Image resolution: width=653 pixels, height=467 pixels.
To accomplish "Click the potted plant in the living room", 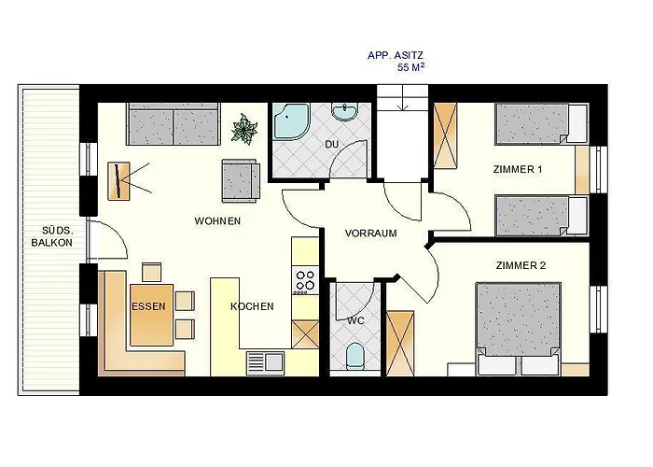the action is tap(244, 129).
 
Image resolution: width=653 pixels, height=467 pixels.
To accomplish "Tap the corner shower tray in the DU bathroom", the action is tap(290, 120).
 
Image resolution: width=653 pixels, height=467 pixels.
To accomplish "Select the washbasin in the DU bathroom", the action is tap(344, 111).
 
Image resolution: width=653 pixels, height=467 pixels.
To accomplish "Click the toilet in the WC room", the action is tap(354, 356).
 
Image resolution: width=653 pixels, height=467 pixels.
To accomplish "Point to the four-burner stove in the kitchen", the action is tap(305, 280).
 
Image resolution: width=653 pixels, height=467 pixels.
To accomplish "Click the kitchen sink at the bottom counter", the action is tap(265, 362).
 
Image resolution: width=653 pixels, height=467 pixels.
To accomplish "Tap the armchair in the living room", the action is tap(241, 180).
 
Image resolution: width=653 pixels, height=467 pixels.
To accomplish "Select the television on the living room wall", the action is tap(119, 181).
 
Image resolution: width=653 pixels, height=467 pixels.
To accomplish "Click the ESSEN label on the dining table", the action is tap(148, 306).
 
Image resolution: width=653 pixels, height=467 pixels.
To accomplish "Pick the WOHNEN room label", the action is tap(217, 221).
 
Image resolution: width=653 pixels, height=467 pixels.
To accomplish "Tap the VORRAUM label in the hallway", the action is tap(370, 233).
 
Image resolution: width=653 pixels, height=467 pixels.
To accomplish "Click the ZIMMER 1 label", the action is tap(518, 169).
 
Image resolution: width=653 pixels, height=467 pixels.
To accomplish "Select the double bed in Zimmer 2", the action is tap(518, 329).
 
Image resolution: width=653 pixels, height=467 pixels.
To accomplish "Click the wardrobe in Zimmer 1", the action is tap(445, 135).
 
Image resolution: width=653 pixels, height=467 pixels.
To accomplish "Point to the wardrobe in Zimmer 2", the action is tap(400, 343).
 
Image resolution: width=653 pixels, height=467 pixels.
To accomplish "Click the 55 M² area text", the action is tap(410, 67).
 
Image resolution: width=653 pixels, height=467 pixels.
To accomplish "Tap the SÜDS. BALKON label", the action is tap(51, 236).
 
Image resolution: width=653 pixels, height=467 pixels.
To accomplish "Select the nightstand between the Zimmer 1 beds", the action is tap(582, 170).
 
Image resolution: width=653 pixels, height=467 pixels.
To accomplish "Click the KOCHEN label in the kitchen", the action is tap(252, 306).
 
